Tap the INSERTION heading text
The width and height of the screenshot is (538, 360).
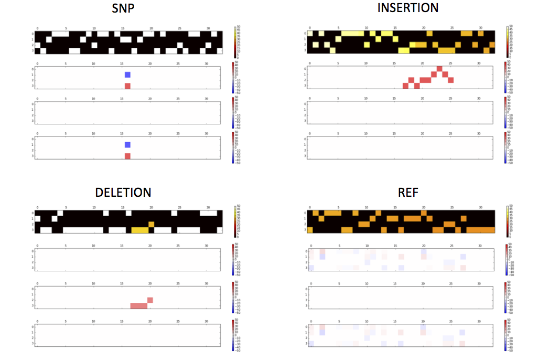(x=408, y=8)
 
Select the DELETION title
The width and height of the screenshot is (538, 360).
(x=123, y=192)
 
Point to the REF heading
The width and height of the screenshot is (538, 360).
(x=408, y=192)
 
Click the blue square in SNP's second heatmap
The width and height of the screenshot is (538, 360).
(x=127, y=75)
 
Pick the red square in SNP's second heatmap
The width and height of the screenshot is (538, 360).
(x=127, y=86)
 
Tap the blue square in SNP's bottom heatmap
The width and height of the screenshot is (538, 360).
(x=127, y=145)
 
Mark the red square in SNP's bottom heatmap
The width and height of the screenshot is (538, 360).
(x=127, y=156)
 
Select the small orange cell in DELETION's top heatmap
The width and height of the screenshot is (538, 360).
(x=150, y=224)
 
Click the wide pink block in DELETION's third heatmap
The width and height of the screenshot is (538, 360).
(x=139, y=305)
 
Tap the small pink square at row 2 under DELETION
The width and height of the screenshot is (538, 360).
(x=150, y=300)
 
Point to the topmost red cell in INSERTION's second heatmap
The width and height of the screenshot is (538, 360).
(x=439, y=68)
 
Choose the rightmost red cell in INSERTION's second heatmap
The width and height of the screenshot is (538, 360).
(x=451, y=80)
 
